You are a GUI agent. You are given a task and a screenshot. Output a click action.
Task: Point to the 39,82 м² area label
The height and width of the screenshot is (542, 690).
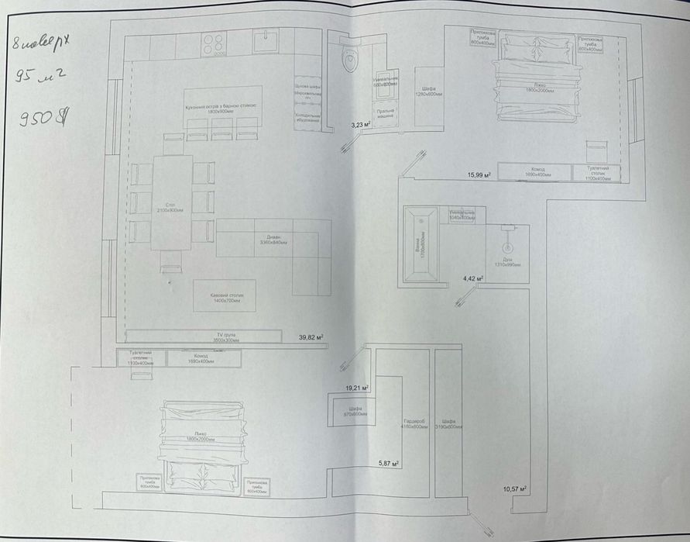311,337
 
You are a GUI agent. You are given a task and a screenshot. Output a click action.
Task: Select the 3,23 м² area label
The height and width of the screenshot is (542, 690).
362,124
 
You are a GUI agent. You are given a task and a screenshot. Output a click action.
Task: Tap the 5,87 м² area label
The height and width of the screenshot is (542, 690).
387,463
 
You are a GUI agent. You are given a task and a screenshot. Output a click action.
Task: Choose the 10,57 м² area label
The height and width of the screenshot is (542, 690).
515,488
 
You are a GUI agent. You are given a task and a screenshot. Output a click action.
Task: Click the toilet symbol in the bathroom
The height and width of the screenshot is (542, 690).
350,58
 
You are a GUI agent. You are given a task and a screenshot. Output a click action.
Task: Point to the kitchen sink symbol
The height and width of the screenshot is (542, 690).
267,39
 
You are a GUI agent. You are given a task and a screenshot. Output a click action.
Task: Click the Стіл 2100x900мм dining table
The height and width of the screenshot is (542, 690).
172,203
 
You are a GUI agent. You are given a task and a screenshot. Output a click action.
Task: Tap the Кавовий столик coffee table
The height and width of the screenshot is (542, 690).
224,295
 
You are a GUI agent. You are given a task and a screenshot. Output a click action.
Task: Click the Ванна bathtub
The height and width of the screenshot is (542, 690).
420,243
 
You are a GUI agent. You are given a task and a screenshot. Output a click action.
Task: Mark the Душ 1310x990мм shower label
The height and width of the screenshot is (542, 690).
508,263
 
